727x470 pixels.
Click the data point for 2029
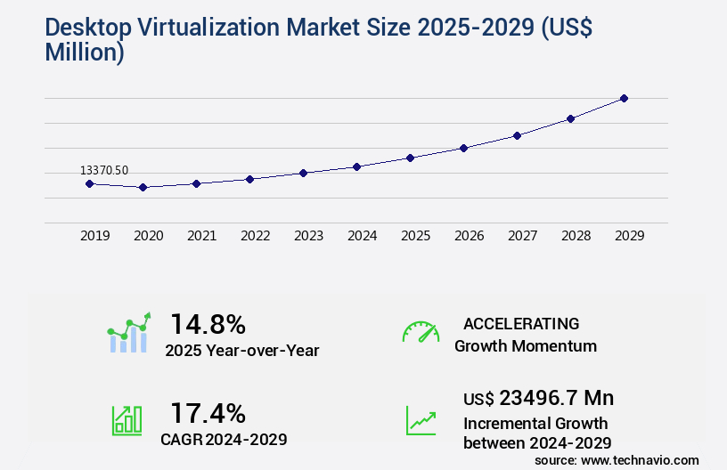click(624, 98)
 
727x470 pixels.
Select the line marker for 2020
click(143, 187)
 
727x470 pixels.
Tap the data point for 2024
click(356, 166)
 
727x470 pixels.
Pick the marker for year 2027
click(517, 135)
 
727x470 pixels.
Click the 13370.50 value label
click(104, 170)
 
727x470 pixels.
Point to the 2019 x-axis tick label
click(94, 236)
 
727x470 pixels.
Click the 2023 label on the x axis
click(308, 236)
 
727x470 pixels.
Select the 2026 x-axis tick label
click(469, 236)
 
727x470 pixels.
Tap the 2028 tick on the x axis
click(576, 236)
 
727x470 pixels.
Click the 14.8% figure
click(208, 323)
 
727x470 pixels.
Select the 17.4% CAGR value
click(208, 413)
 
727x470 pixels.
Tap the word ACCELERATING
click(521, 323)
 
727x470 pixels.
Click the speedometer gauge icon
click(421, 332)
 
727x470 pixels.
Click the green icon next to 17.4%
click(127, 420)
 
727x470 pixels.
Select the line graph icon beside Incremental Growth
click(421, 420)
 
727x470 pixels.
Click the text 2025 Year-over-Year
click(241, 351)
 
